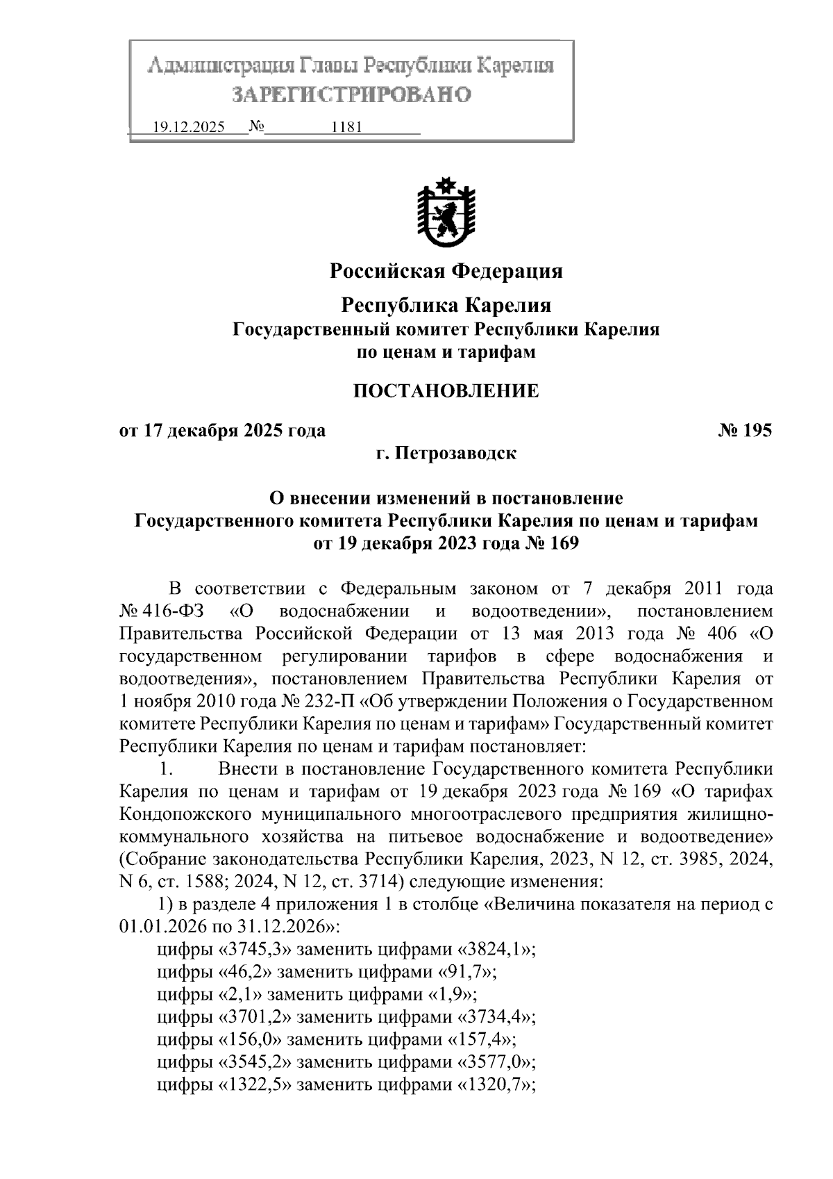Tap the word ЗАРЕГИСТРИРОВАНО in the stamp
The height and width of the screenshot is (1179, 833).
coord(351,94)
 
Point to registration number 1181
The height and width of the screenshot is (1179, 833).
coord(347,128)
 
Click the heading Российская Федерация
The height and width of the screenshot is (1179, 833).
coord(446,271)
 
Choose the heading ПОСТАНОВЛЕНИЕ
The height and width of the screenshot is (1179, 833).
coord(446,390)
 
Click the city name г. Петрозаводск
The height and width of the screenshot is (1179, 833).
coord(446,454)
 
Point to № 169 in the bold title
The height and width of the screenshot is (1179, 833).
coord(550,543)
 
